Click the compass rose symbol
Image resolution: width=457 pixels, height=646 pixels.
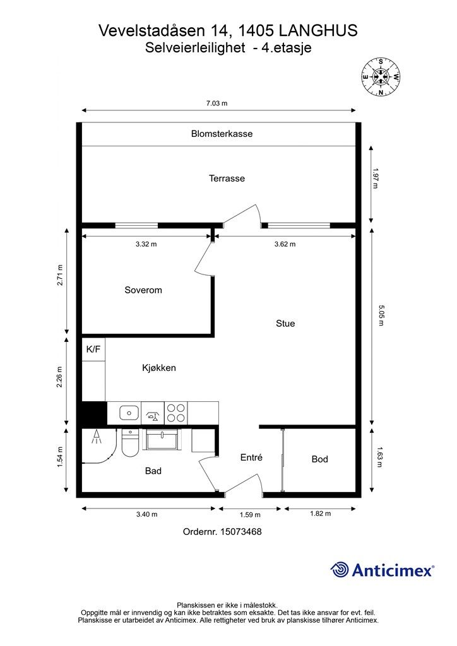click(381, 76)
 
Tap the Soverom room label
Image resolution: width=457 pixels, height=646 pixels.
click(143, 290)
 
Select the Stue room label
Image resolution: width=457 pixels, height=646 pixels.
click(285, 324)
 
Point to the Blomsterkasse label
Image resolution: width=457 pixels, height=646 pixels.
click(222, 134)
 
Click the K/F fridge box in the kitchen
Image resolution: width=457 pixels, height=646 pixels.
click(93, 349)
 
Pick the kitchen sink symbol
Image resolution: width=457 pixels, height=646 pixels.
click(129, 413)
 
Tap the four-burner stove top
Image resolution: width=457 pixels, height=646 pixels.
click(176, 413)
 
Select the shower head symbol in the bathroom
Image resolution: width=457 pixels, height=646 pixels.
click(97, 437)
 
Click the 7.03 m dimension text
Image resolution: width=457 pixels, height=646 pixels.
click(217, 103)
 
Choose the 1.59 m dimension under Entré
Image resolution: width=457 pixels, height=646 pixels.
click(250, 515)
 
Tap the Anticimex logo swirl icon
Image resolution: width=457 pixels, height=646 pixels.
click(340, 570)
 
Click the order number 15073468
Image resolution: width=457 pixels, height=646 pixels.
click(241, 531)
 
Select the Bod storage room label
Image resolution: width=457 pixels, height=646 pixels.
click(320, 459)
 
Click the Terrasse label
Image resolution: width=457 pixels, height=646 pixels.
click(227, 179)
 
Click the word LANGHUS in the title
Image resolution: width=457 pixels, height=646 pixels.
click(318, 30)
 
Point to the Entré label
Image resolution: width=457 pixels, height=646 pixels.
click(251, 457)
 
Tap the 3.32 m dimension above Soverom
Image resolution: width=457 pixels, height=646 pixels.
click(146, 244)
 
